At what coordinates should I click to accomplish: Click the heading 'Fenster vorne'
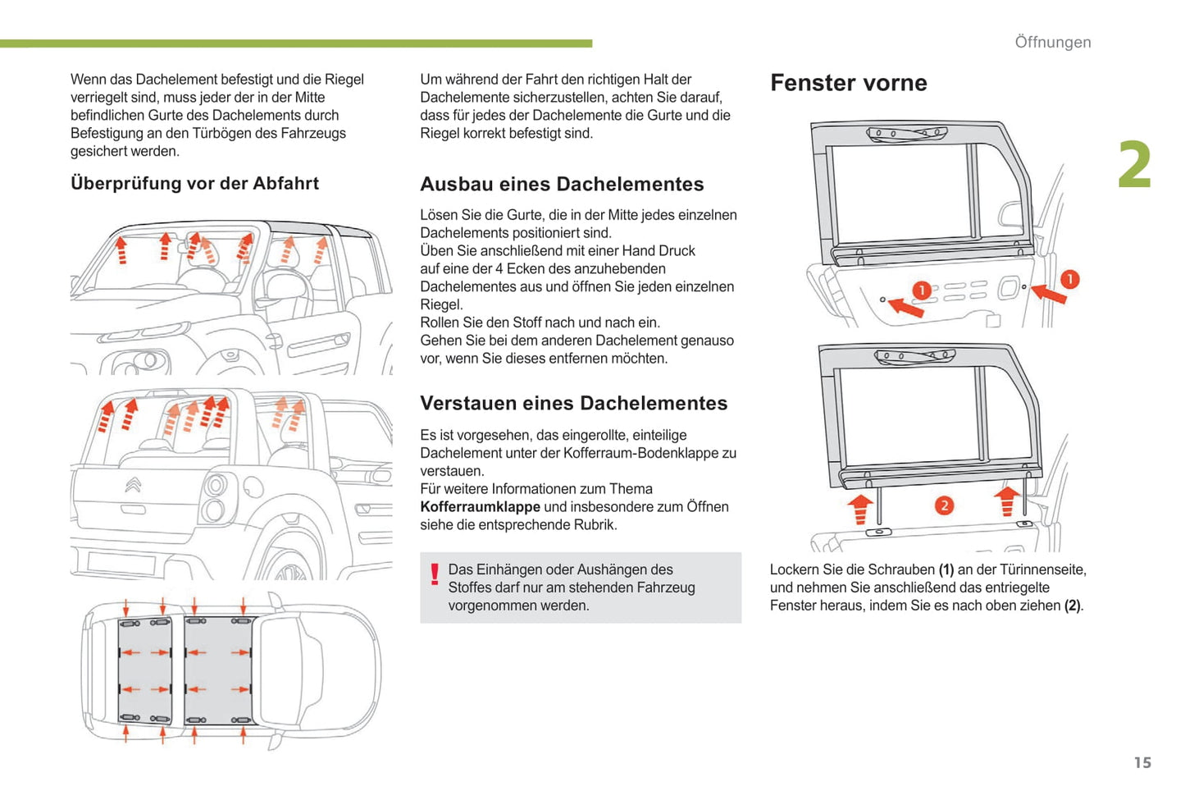tap(848, 83)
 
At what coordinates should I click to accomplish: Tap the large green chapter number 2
tap(1134, 165)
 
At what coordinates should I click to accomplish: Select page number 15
tap(1142, 763)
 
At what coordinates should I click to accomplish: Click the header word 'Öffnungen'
tap(1052, 42)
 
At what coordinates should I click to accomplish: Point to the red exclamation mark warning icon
tap(435, 573)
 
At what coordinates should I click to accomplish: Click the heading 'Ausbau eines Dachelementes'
tap(562, 184)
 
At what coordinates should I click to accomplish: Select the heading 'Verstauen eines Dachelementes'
tap(573, 403)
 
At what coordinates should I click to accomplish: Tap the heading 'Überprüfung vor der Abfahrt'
tap(194, 183)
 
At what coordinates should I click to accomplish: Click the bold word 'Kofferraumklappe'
tap(480, 507)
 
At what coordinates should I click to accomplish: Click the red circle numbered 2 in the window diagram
tap(944, 505)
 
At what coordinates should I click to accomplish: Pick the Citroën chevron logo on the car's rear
tap(133, 485)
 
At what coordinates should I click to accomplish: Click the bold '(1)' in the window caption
tap(946, 569)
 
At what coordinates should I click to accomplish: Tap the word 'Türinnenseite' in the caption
tap(1043, 569)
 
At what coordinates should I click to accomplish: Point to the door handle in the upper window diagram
tap(1010, 287)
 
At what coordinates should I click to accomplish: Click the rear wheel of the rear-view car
tap(286, 566)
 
